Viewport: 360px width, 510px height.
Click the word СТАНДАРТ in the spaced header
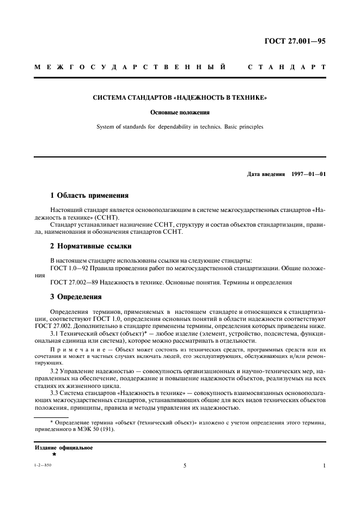[286, 68]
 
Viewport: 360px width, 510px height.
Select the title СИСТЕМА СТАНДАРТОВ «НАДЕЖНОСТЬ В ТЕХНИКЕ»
[180, 99]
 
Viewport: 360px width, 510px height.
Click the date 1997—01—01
[308, 175]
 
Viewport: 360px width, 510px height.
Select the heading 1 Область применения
[89, 195]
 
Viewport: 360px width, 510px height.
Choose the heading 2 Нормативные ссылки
[90, 246]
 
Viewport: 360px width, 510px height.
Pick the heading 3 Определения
[77, 297]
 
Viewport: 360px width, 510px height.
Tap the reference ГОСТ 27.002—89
[73, 282]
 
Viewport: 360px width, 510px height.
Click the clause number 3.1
[54, 332]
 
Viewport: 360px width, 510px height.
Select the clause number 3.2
[54, 369]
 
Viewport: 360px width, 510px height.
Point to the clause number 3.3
[54, 393]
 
